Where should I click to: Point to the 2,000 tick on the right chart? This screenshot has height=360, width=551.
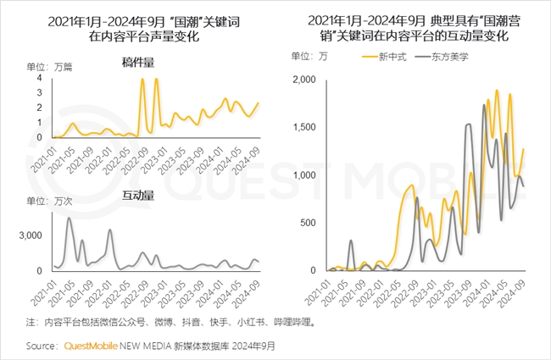(x=303, y=80)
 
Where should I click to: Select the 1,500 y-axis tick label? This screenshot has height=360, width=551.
(x=303, y=127)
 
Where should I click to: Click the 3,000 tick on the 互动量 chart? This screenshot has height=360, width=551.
(x=31, y=235)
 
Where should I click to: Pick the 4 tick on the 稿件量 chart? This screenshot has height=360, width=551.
(x=40, y=79)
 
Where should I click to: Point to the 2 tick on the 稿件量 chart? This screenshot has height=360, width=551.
(x=40, y=108)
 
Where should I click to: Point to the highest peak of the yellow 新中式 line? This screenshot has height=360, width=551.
(x=497, y=90)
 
